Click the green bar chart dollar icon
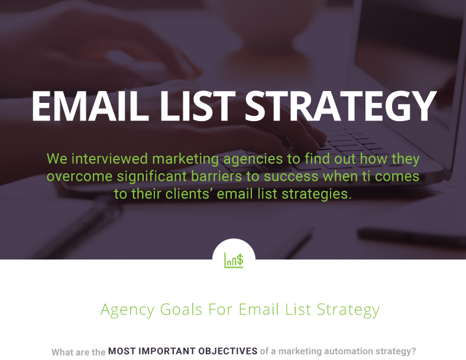234,260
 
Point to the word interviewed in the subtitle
109,158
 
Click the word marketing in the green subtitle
186,160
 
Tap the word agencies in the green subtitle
253,160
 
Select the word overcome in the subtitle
80,176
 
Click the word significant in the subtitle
152,177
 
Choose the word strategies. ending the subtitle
316,194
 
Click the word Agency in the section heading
128,310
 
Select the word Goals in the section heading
182,309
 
